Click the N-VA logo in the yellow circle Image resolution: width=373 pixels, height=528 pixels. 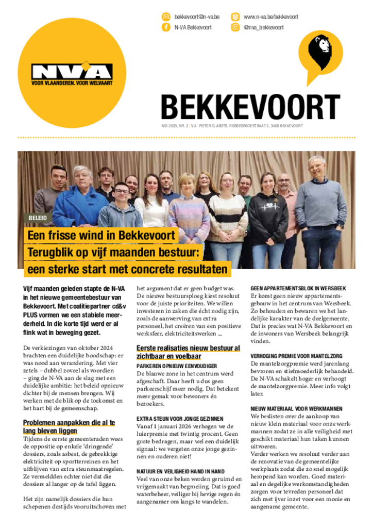pos(72,72)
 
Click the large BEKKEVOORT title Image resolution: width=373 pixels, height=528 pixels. pos(250,107)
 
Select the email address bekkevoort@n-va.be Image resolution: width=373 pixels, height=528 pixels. pos(197,16)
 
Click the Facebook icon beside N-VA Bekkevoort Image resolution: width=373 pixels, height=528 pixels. pos(166,27)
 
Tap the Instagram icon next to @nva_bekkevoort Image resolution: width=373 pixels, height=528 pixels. pos(235,27)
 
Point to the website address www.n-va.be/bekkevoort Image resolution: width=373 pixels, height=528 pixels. pos(270,16)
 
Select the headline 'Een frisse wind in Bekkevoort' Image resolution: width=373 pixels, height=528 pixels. pos(101,236)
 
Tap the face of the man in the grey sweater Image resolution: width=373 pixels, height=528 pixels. pos(316,167)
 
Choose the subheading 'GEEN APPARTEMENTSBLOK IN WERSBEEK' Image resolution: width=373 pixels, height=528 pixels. pos(298,288)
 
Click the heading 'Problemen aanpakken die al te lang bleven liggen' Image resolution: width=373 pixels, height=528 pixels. pos(69,426)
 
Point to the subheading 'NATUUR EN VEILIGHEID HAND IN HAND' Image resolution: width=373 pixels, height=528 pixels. pos(180,471)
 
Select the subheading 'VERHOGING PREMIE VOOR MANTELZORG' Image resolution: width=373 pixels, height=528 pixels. pos(296,356)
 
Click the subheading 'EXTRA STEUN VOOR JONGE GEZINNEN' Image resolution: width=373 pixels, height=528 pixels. pos(180,419)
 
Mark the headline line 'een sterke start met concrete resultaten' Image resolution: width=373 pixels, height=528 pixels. pos(127,269)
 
